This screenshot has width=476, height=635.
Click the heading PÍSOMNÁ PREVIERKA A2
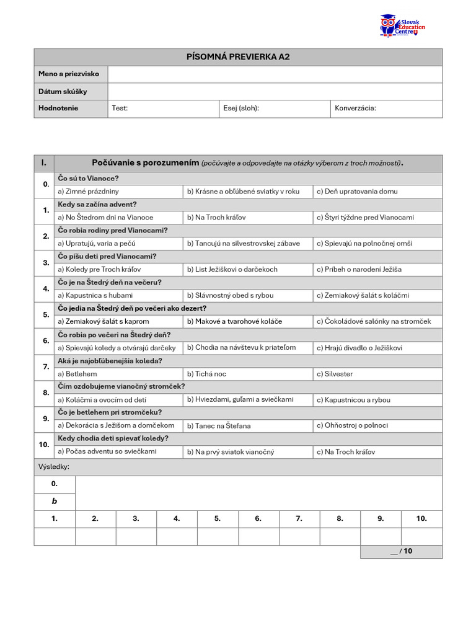[x=238, y=57]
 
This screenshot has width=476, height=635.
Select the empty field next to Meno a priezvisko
[x=275, y=74]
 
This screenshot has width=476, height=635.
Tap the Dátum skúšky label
[x=63, y=92]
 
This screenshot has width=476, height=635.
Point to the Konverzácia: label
[x=355, y=109]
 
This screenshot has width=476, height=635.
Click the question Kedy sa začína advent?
[x=97, y=205]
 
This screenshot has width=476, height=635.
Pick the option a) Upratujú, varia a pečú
[x=96, y=244]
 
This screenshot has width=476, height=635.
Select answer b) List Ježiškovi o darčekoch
[x=232, y=270]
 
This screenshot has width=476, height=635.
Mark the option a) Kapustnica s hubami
[x=95, y=296]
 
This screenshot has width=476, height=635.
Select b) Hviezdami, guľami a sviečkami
[x=240, y=399]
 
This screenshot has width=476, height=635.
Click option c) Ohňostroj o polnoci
[x=352, y=425]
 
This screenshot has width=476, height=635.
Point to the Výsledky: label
[x=54, y=466]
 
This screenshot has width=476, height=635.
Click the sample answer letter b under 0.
[x=55, y=501]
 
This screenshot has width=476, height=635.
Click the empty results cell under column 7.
[x=299, y=536]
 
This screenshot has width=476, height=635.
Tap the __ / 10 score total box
[x=401, y=551]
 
